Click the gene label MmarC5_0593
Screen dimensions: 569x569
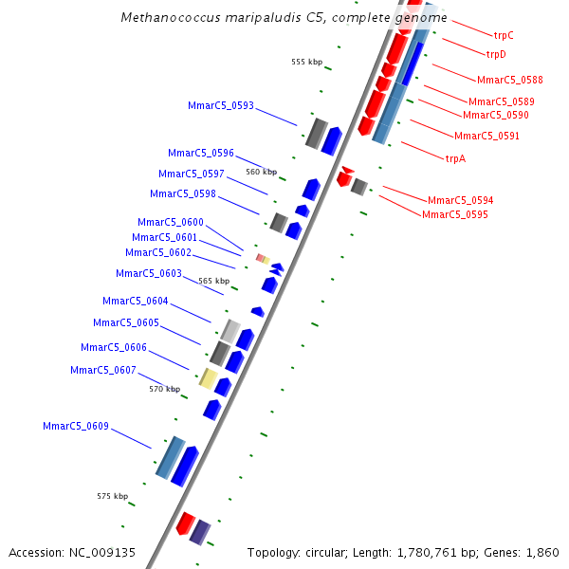point(221,105)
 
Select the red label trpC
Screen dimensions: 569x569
point(504,34)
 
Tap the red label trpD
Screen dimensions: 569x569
point(496,54)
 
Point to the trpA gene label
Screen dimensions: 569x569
point(455,158)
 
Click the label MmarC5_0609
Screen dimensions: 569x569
point(76,426)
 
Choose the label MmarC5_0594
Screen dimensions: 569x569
point(460,200)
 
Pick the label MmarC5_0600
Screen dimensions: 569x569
point(170,222)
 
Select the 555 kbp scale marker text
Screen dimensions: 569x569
point(306,62)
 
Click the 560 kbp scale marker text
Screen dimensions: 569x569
point(261,172)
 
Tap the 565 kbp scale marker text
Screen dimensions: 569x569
point(213,281)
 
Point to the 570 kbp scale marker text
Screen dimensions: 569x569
point(164,389)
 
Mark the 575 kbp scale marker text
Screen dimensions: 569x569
point(112,496)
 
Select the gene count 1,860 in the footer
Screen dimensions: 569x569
point(541,552)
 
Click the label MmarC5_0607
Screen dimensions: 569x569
point(103,370)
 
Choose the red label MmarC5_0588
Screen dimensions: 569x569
point(510,80)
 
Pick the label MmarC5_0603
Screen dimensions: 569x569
point(149,273)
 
